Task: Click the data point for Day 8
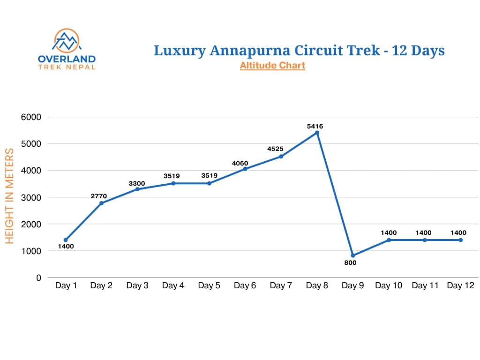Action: click(317, 133)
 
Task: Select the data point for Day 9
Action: click(353, 255)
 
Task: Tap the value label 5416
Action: click(315, 126)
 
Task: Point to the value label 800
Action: click(350, 263)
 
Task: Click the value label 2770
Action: click(99, 196)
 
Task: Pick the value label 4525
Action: click(275, 149)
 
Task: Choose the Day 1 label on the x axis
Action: click(66, 286)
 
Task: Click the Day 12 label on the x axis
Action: click(460, 286)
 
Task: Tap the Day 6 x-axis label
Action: click(245, 286)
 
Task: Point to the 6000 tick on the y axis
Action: click(31, 117)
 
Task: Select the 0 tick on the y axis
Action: click(38, 278)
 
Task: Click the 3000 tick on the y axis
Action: click(31, 197)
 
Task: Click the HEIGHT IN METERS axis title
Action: click(9, 196)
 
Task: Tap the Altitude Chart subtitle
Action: click(272, 66)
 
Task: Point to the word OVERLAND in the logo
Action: click(67, 59)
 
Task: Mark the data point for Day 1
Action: click(66, 240)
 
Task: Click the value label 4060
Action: click(239, 163)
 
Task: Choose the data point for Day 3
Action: click(137, 189)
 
